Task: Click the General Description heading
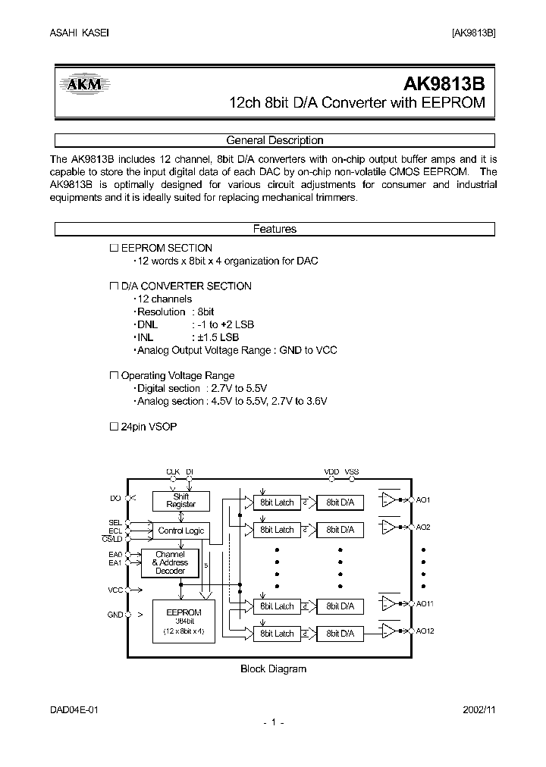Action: pyautogui.click(x=275, y=140)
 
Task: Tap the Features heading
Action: pyautogui.click(x=275, y=229)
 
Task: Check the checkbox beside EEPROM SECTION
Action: pyautogui.click(x=115, y=248)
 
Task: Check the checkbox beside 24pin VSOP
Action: pyautogui.click(x=115, y=427)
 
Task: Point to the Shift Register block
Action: pyautogui.click(x=180, y=501)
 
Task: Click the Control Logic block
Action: pyautogui.click(x=180, y=531)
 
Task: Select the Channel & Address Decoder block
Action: pyautogui.click(x=170, y=562)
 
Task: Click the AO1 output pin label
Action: pyautogui.click(x=424, y=500)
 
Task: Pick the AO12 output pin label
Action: pyautogui.click(x=425, y=631)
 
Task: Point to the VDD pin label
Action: pyautogui.click(x=331, y=471)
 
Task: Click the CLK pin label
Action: pyautogui.click(x=172, y=471)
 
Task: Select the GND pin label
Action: pyautogui.click(x=115, y=615)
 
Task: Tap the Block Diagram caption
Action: pyautogui.click(x=273, y=668)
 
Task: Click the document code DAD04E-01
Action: pyautogui.click(x=74, y=709)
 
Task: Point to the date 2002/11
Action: pyautogui.click(x=479, y=709)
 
